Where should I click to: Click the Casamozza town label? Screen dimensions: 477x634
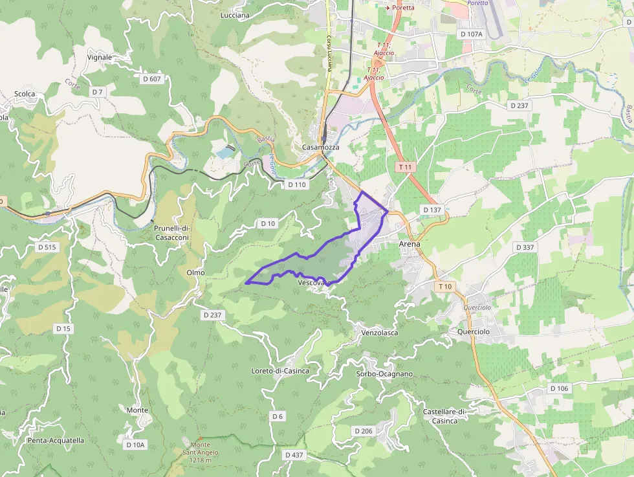[x=320, y=148]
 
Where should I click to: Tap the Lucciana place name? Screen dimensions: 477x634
[x=235, y=16]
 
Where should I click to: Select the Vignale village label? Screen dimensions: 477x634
[x=99, y=57]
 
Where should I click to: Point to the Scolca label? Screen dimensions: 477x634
[x=24, y=94]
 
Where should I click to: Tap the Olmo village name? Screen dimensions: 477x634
[x=195, y=272]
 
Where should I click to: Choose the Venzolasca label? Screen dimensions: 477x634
[x=380, y=333]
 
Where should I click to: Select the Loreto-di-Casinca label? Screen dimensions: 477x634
[x=280, y=371]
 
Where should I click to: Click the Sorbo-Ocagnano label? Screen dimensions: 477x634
[x=384, y=374]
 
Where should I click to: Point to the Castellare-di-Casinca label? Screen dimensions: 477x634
[x=444, y=416]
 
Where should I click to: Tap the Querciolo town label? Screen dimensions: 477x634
[x=473, y=331]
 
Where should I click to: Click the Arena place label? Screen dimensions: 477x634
[x=410, y=244]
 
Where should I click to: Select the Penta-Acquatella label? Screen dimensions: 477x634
[x=56, y=441]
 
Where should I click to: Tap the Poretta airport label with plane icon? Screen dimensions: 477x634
[x=400, y=8]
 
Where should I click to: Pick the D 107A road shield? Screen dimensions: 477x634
[x=470, y=33]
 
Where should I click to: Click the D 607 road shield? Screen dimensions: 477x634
[x=151, y=78]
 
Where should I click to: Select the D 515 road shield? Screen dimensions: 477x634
[x=47, y=247]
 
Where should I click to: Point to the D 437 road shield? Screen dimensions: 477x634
[x=294, y=455]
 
